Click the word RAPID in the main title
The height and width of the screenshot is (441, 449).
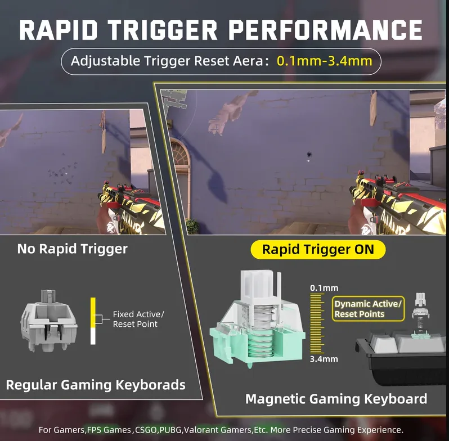click(x=58, y=30)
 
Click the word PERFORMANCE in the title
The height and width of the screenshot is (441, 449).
click(x=326, y=30)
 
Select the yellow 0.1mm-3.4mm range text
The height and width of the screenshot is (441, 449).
click(x=325, y=61)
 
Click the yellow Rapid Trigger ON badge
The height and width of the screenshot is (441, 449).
click(x=318, y=249)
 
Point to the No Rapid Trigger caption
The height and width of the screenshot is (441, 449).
click(x=73, y=249)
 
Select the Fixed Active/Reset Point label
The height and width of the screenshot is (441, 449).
click(x=138, y=319)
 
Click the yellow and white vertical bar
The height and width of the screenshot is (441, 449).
click(x=93, y=321)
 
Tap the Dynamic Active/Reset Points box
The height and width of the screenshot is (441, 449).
click(x=368, y=309)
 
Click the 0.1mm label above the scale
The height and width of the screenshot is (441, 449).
click(x=324, y=288)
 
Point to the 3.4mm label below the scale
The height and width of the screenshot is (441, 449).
click(x=324, y=359)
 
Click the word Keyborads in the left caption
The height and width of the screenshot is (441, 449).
click(x=151, y=385)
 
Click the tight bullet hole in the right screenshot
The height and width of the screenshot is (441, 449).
click(x=309, y=155)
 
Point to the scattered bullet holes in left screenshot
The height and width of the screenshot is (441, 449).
click(x=62, y=173)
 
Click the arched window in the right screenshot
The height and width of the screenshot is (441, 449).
click(x=179, y=155)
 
